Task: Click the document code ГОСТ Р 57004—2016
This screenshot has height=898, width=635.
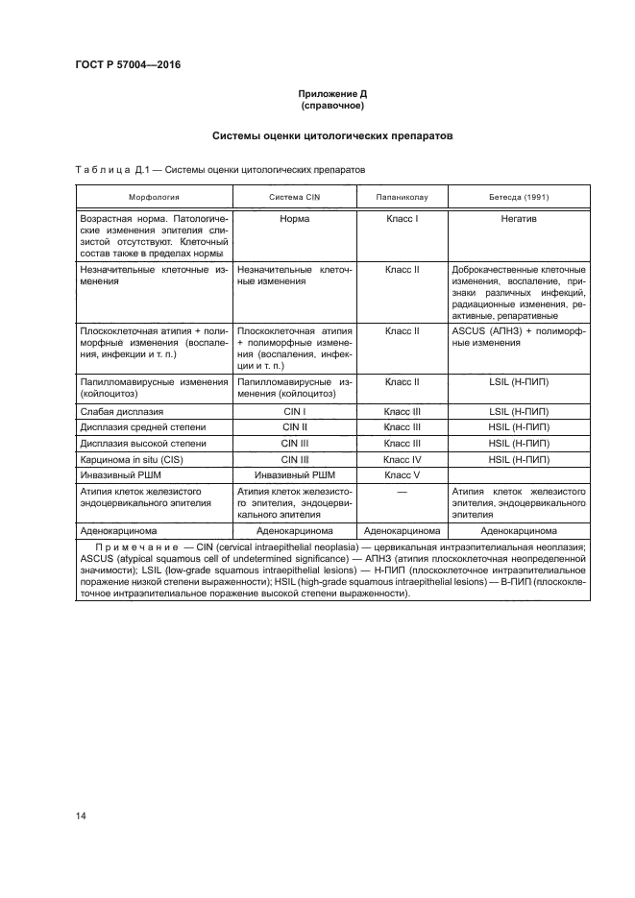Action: tap(128, 65)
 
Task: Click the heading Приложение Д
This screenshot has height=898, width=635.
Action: tap(330, 94)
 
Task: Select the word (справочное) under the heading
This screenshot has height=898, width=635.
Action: tap(330, 107)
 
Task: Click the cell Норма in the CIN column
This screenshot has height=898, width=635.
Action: tap(293, 219)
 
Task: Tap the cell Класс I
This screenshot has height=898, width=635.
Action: tap(402, 219)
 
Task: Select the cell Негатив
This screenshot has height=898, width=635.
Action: tap(519, 219)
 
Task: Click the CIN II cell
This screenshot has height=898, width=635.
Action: tap(293, 427)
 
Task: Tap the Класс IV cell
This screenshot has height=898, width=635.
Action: tap(402, 459)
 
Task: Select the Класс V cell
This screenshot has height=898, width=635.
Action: tap(402, 474)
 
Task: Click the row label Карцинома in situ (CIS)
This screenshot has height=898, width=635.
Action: tap(132, 459)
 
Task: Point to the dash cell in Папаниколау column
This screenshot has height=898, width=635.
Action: tap(402, 491)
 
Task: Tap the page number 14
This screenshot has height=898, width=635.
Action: tap(81, 815)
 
